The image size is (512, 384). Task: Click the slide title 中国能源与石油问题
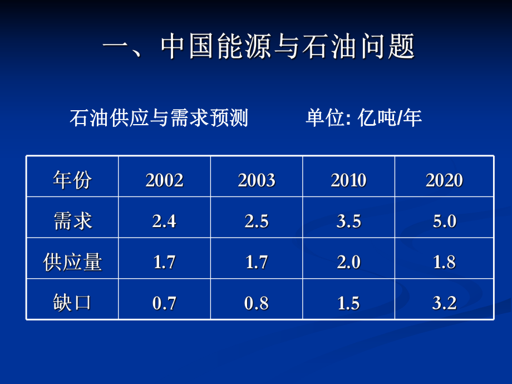point(259,48)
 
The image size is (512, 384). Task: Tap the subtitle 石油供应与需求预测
point(159,118)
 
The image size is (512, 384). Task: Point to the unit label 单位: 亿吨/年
point(363,118)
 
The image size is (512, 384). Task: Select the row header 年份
point(72,180)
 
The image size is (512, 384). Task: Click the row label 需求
point(72,221)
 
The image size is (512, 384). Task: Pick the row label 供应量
point(72,262)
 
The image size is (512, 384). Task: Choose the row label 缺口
point(72,303)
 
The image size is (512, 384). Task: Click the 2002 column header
point(164,180)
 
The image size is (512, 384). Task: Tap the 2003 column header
point(257,180)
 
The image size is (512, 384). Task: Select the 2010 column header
point(349,180)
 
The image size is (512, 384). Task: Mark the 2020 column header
point(444,180)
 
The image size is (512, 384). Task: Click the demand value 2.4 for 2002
point(164,221)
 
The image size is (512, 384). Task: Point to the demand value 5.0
point(444,221)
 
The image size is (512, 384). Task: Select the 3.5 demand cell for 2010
point(349,221)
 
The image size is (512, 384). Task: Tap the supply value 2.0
point(349,262)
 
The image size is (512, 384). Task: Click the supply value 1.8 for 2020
point(444,262)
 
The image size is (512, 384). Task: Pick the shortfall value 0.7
point(164,303)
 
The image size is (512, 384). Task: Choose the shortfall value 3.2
point(444,303)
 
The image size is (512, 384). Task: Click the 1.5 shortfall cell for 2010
point(349,303)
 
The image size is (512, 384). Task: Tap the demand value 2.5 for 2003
point(257,221)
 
